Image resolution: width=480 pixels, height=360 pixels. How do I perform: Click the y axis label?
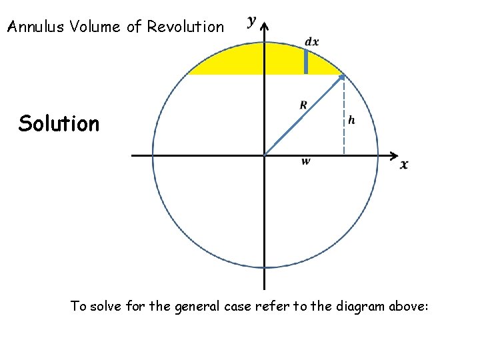click(252, 21)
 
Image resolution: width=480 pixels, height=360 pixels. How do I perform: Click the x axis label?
click(404, 165)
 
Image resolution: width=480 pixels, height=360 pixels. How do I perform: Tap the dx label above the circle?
click(311, 42)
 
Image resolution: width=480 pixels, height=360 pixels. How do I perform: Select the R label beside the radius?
click(303, 105)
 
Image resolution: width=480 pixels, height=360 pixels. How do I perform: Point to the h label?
click(351, 120)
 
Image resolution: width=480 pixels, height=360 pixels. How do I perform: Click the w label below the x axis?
click(305, 161)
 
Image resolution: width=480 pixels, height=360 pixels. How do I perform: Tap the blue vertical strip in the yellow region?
click(306, 61)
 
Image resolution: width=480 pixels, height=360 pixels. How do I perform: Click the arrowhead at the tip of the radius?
click(342, 77)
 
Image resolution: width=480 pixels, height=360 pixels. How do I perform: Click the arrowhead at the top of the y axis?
click(265, 27)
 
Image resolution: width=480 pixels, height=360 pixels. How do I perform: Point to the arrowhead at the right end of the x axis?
click(393, 156)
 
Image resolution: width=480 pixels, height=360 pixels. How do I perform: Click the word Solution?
click(59, 123)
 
